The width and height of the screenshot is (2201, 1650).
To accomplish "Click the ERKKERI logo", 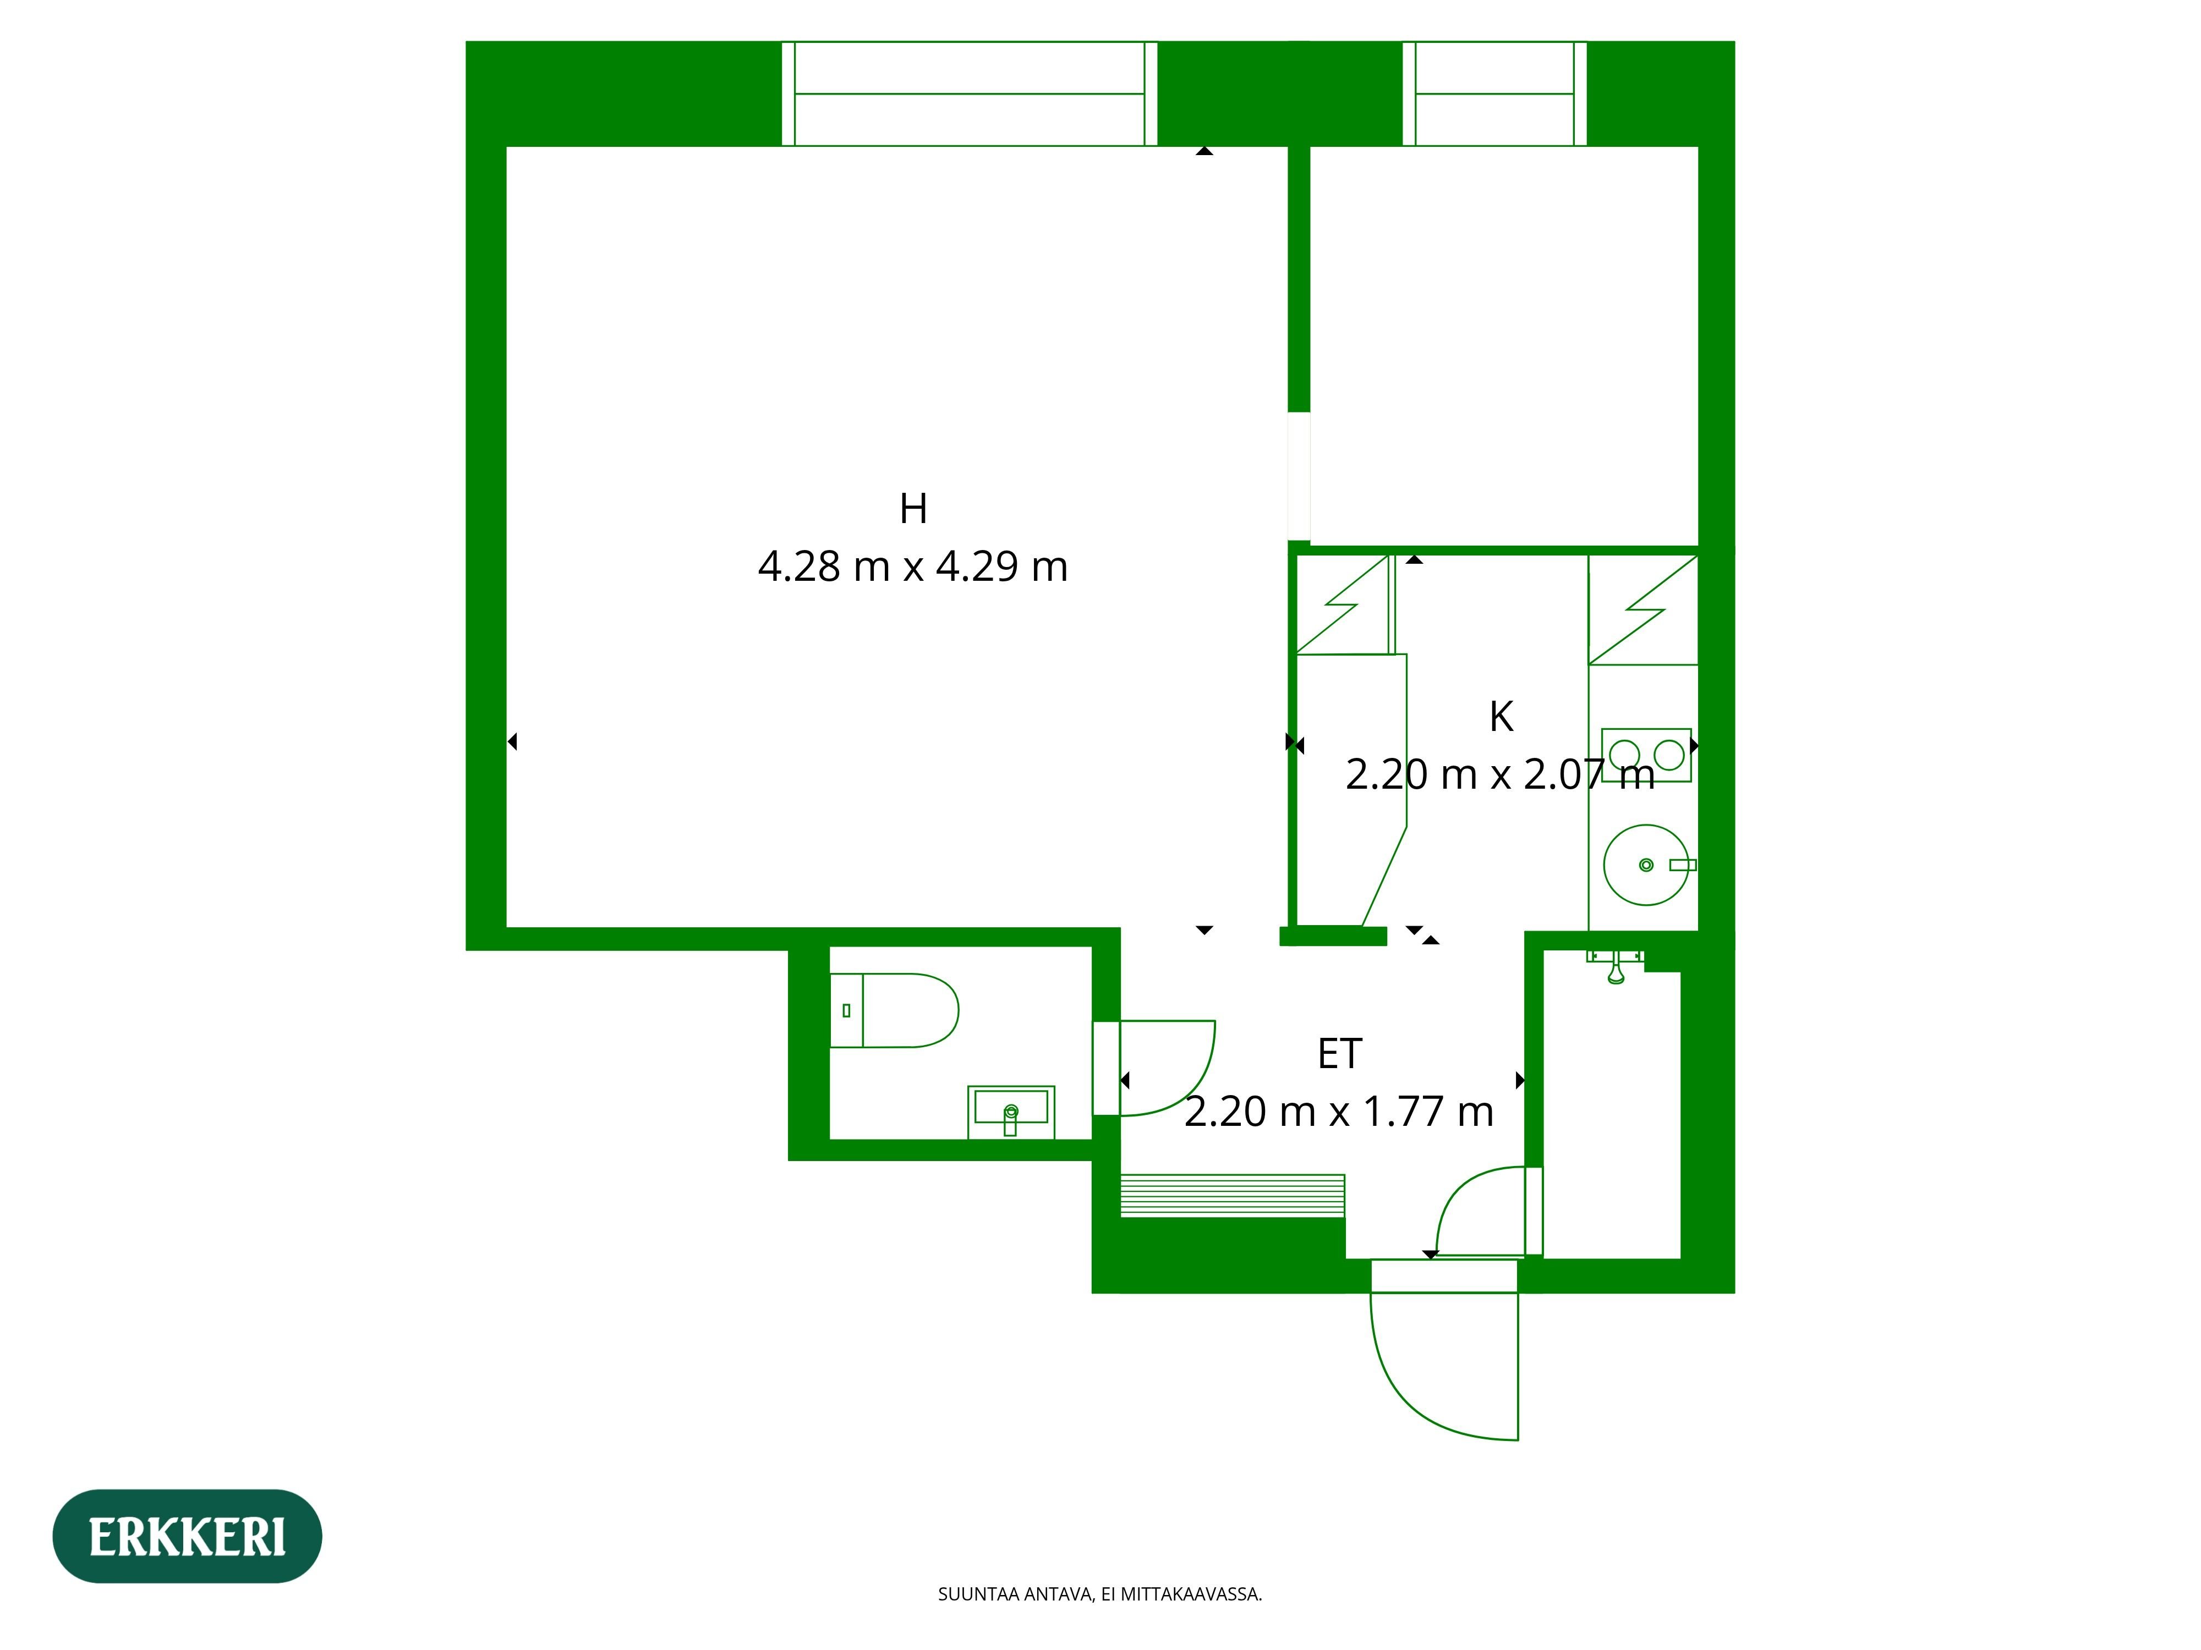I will [x=187, y=1537].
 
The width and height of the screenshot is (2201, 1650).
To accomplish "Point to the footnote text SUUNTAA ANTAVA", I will [x=1099, y=1594].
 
